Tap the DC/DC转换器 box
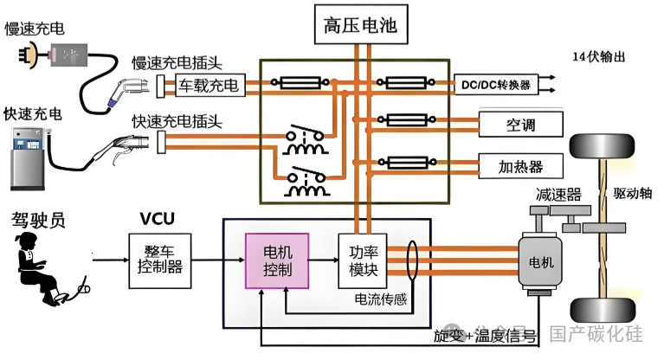coord(496,84)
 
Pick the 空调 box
coord(521,125)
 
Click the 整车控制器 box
coord(158,257)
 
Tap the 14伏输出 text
coord(598,57)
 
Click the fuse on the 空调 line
coord(403,121)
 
